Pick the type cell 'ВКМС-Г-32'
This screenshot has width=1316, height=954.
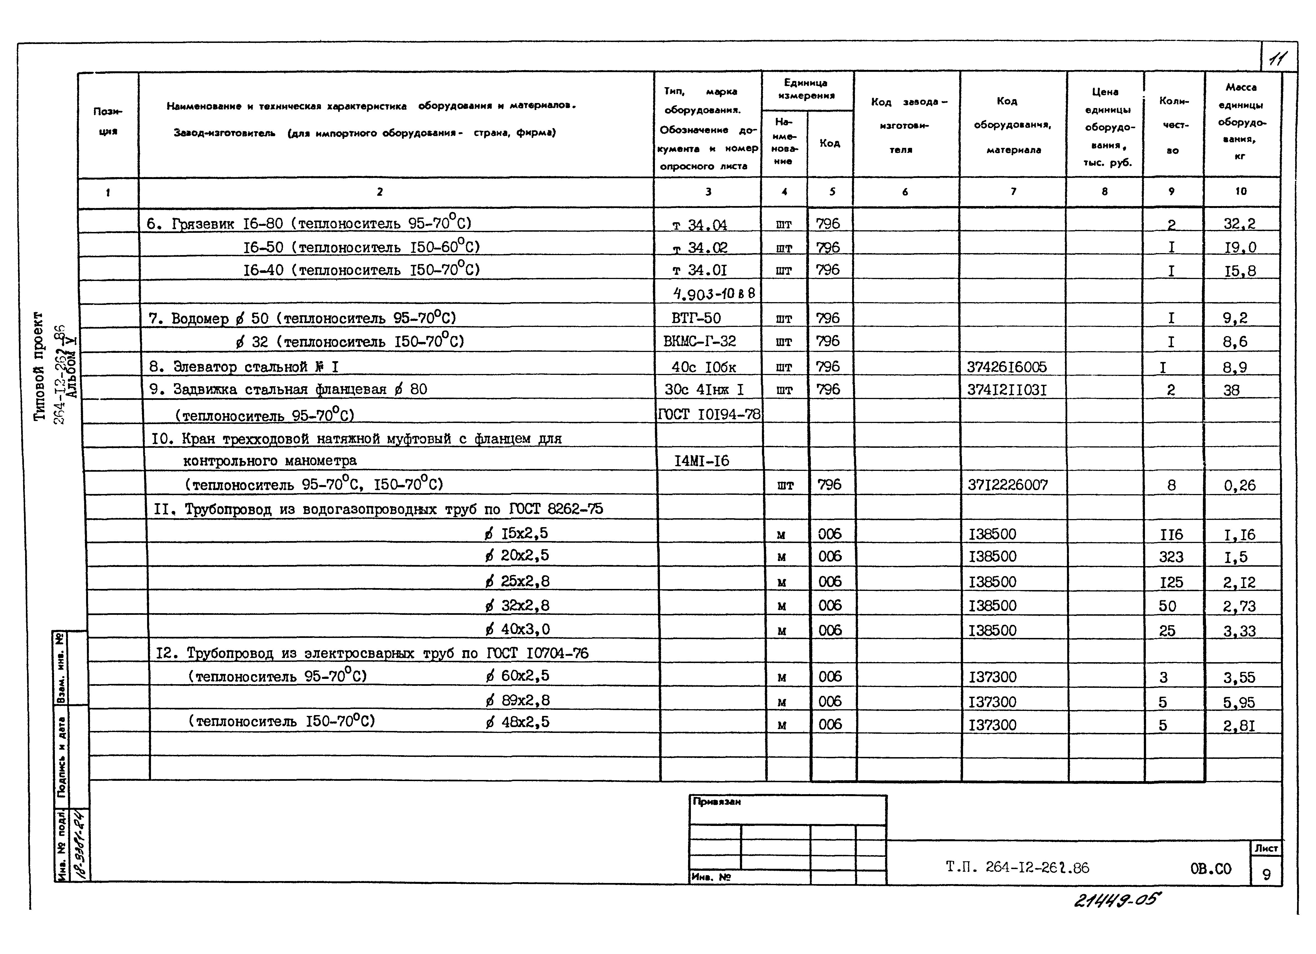(699, 341)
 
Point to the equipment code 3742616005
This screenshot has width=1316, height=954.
(1007, 366)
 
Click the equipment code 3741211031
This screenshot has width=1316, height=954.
(1007, 390)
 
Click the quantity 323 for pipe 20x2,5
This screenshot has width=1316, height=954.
(1171, 557)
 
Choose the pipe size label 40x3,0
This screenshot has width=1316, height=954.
(518, 629)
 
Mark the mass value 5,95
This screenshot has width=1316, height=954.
(1239, 702)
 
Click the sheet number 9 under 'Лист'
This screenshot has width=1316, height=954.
(1266, 875)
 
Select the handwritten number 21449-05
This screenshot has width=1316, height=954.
(1117, 901)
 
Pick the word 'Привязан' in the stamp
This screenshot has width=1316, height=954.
(717, 802)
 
